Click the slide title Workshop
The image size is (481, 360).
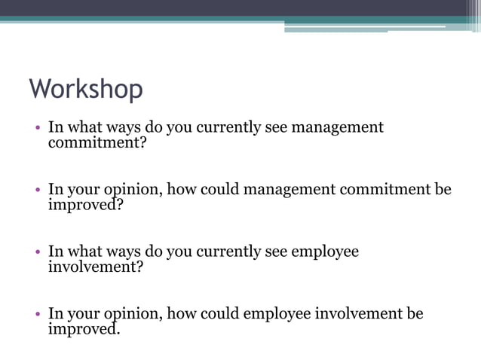pos(86,90)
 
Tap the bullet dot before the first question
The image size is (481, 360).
pos(37,128)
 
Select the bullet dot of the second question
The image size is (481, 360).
pos(37,191)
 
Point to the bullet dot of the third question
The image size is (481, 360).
pos(37,252)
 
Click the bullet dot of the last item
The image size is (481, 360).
pos(37,314)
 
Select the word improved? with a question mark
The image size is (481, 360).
pos(85,205)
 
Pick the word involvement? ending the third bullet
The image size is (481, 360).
pos(96,267)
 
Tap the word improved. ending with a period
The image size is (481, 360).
pos(84,329)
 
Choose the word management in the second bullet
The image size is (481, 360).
pos(290,190)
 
